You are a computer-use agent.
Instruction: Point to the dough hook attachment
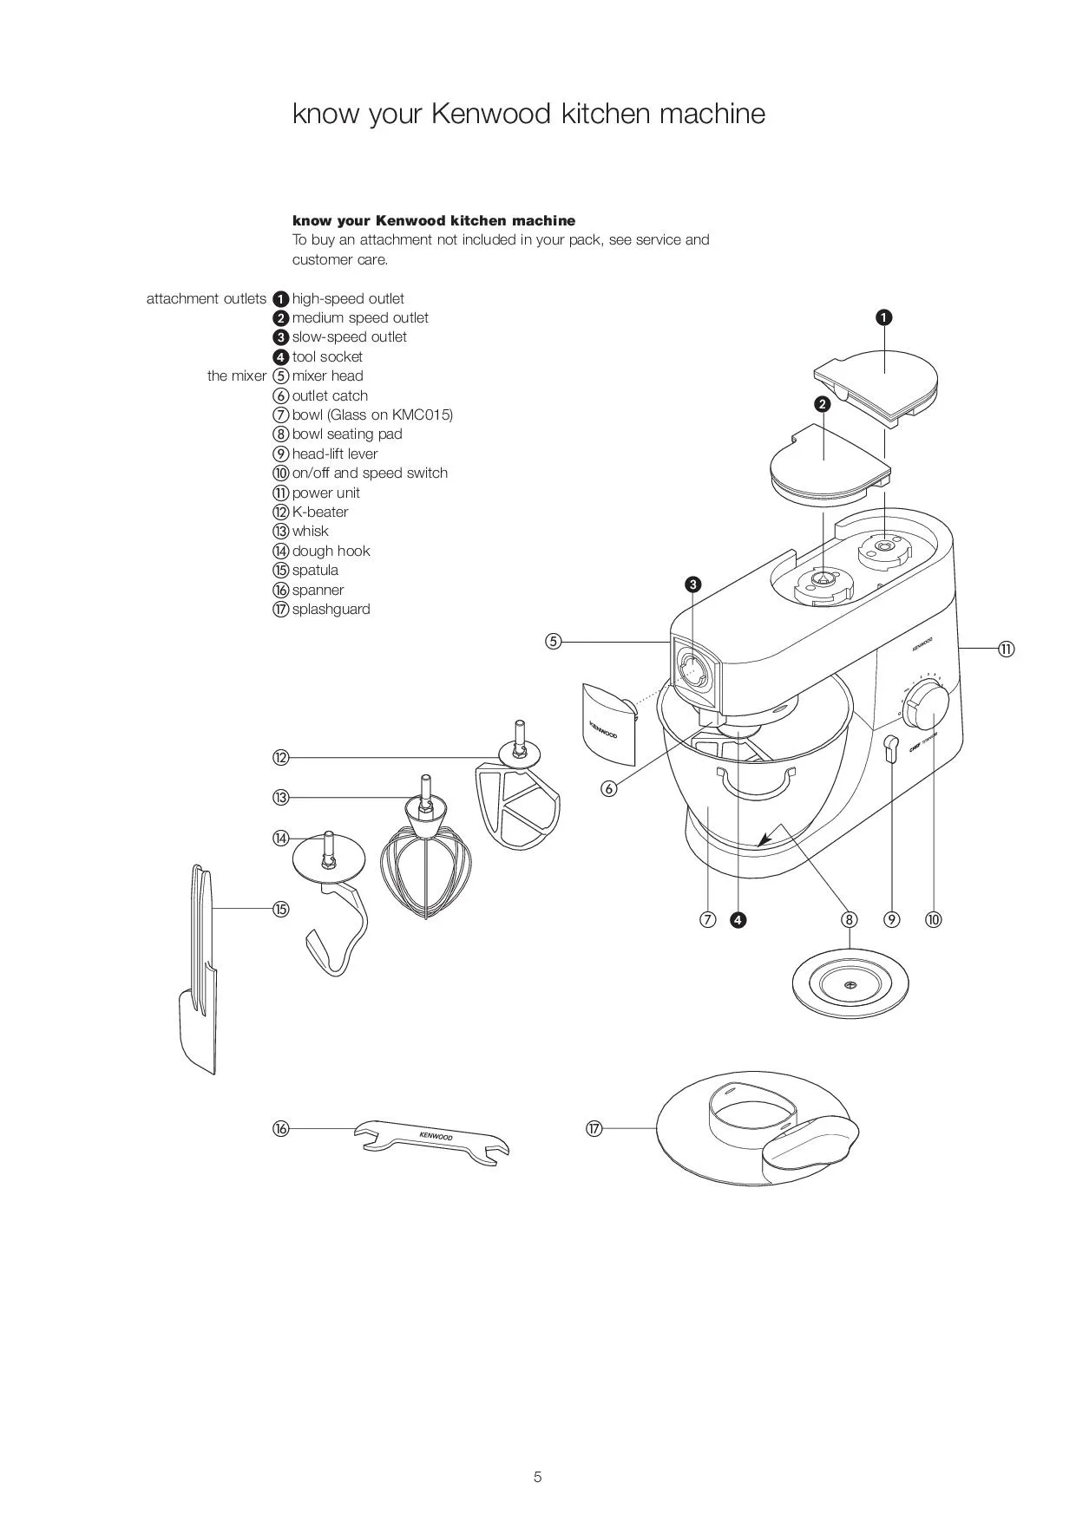(332, 902)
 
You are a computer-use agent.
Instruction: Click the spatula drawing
(199, 971)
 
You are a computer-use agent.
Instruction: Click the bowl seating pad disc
(850, 986)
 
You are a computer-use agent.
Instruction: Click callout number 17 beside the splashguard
(594, 1128)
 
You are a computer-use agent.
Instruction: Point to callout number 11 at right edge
(1006, 649)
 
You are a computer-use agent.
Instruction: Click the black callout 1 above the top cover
(883, 317)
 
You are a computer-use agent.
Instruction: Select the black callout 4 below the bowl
(738, 920)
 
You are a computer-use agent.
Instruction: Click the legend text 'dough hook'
(331, 551)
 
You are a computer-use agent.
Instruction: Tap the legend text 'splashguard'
(331, 609)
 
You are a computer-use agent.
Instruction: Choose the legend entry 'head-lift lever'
(335, 454)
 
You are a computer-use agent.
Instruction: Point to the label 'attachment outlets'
(207, 298)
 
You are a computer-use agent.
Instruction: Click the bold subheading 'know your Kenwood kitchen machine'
(434, 220)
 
